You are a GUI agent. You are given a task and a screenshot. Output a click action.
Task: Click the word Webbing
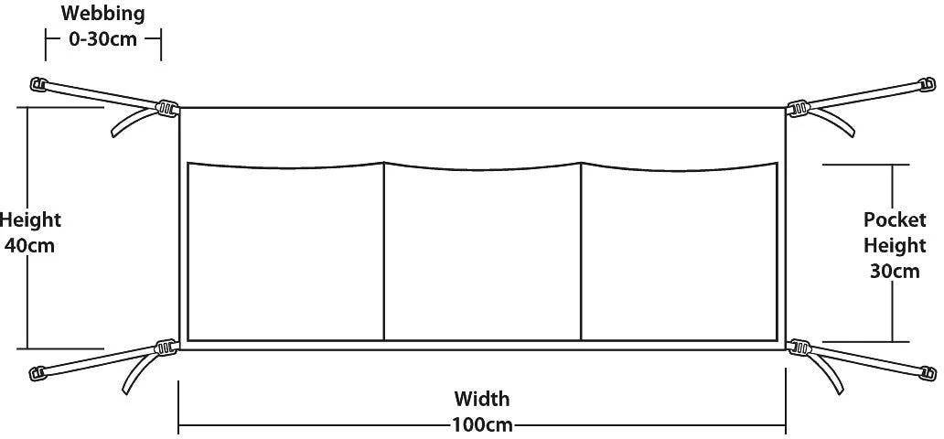(103, 14)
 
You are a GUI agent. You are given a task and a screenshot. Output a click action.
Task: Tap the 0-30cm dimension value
(103, 39)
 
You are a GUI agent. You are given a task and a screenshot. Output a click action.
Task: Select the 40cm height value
(29, 246)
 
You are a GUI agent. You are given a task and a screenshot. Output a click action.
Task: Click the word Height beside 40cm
(30, 220)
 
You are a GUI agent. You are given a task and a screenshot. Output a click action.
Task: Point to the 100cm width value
(483, 425)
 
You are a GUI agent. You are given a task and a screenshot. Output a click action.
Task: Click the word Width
(482, 399)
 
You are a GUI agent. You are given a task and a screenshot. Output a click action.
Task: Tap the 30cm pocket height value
(895, 271)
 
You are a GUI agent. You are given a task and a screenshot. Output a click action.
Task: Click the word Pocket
(895, 219)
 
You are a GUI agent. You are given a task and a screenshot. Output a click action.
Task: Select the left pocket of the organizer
(286, 252)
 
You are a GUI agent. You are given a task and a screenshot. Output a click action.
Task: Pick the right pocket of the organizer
(679, 252)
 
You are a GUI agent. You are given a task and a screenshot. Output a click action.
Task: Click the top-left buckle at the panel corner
(166, 109)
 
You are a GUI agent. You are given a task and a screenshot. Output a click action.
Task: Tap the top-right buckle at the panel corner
(798, 109)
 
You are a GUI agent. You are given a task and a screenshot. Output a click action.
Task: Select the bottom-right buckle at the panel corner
(799, 348)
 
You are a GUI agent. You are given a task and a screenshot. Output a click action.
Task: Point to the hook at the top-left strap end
(38, 84)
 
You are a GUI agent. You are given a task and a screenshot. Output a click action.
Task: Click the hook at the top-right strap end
(926, 84)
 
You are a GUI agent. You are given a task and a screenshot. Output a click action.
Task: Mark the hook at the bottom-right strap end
(928, 373)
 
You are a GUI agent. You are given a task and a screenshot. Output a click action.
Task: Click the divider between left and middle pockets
(384, 252)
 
